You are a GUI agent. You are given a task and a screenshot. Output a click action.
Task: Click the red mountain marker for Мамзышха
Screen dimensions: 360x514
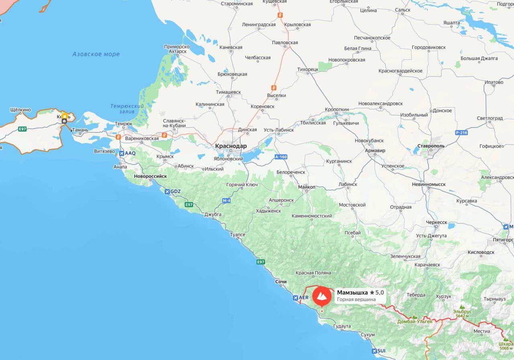[322, 296]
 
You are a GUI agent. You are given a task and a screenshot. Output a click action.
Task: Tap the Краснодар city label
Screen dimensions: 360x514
[231, 146]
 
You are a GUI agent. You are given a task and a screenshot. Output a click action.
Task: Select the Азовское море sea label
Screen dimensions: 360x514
[96, 54]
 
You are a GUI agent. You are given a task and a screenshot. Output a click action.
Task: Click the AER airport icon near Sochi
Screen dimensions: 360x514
[296, 298]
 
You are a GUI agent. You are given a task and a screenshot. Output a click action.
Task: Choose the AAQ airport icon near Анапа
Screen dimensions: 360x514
[122, 153]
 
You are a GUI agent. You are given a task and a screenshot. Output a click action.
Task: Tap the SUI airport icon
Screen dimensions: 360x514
[374, 351]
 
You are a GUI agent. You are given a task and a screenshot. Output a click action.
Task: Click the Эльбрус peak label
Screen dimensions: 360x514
[462, 311]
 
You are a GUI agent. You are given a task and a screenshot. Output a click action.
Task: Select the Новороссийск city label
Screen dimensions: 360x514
[150, 176]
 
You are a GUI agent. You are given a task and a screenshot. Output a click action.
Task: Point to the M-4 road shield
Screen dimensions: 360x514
[226, 200]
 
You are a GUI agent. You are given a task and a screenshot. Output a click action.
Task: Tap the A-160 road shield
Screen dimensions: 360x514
[281, 157]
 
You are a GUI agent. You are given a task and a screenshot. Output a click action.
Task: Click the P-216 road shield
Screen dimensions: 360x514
[461, 132]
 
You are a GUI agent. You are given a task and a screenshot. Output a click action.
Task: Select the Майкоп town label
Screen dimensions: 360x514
[307, 187]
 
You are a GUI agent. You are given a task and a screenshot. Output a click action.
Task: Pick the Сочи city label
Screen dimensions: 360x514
[281, 282]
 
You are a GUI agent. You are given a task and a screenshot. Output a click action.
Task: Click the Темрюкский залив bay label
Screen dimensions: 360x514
[127, 109]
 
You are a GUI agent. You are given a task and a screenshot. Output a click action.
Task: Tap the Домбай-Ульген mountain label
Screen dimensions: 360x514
[415, 321]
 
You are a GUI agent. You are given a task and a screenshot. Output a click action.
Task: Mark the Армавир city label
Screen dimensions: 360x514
[375, 151]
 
